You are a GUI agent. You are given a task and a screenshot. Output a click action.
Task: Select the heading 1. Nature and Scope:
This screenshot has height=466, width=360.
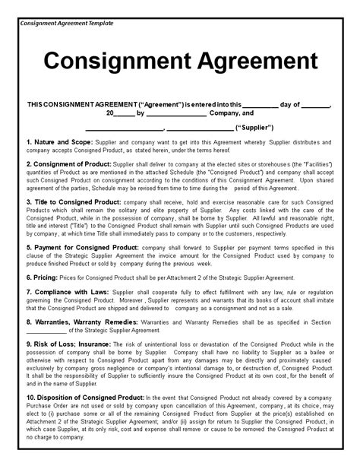60,142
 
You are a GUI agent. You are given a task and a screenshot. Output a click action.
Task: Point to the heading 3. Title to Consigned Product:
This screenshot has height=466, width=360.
74,201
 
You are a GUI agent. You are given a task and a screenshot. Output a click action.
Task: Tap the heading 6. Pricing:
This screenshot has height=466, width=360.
47,278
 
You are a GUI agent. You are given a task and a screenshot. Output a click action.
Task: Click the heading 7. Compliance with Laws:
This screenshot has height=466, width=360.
68,292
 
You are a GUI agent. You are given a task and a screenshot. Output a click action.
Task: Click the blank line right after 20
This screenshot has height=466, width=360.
125,113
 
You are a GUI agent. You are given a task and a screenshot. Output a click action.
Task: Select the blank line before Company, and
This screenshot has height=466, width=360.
175,113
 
